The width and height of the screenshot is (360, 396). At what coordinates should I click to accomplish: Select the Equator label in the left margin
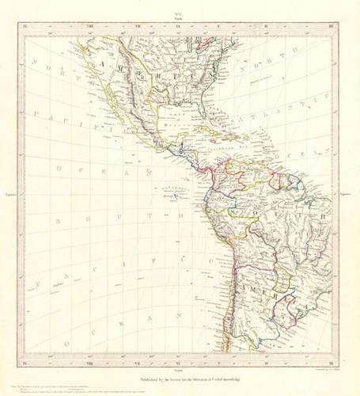(11, 192)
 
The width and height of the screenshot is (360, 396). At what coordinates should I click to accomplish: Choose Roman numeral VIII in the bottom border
(89, 361)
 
